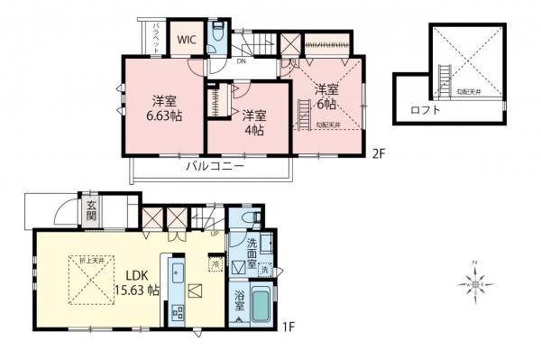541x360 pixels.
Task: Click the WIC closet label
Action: [186, 39]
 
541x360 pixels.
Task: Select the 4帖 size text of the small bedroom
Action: [252, 130]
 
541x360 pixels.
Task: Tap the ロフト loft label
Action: [424, 110]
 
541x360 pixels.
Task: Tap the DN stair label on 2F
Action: [243, 62]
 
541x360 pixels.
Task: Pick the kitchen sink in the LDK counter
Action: [177, 274]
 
